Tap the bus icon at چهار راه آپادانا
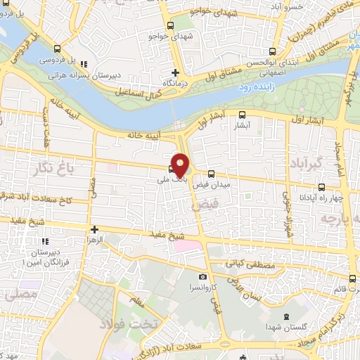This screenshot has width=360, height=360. pos(322,187)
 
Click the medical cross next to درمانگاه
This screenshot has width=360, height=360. pos(176,72)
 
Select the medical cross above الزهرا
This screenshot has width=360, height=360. pos(94,229)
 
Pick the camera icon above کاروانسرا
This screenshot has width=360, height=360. pos(203,278)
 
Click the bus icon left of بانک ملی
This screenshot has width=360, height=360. pos(172,168)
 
